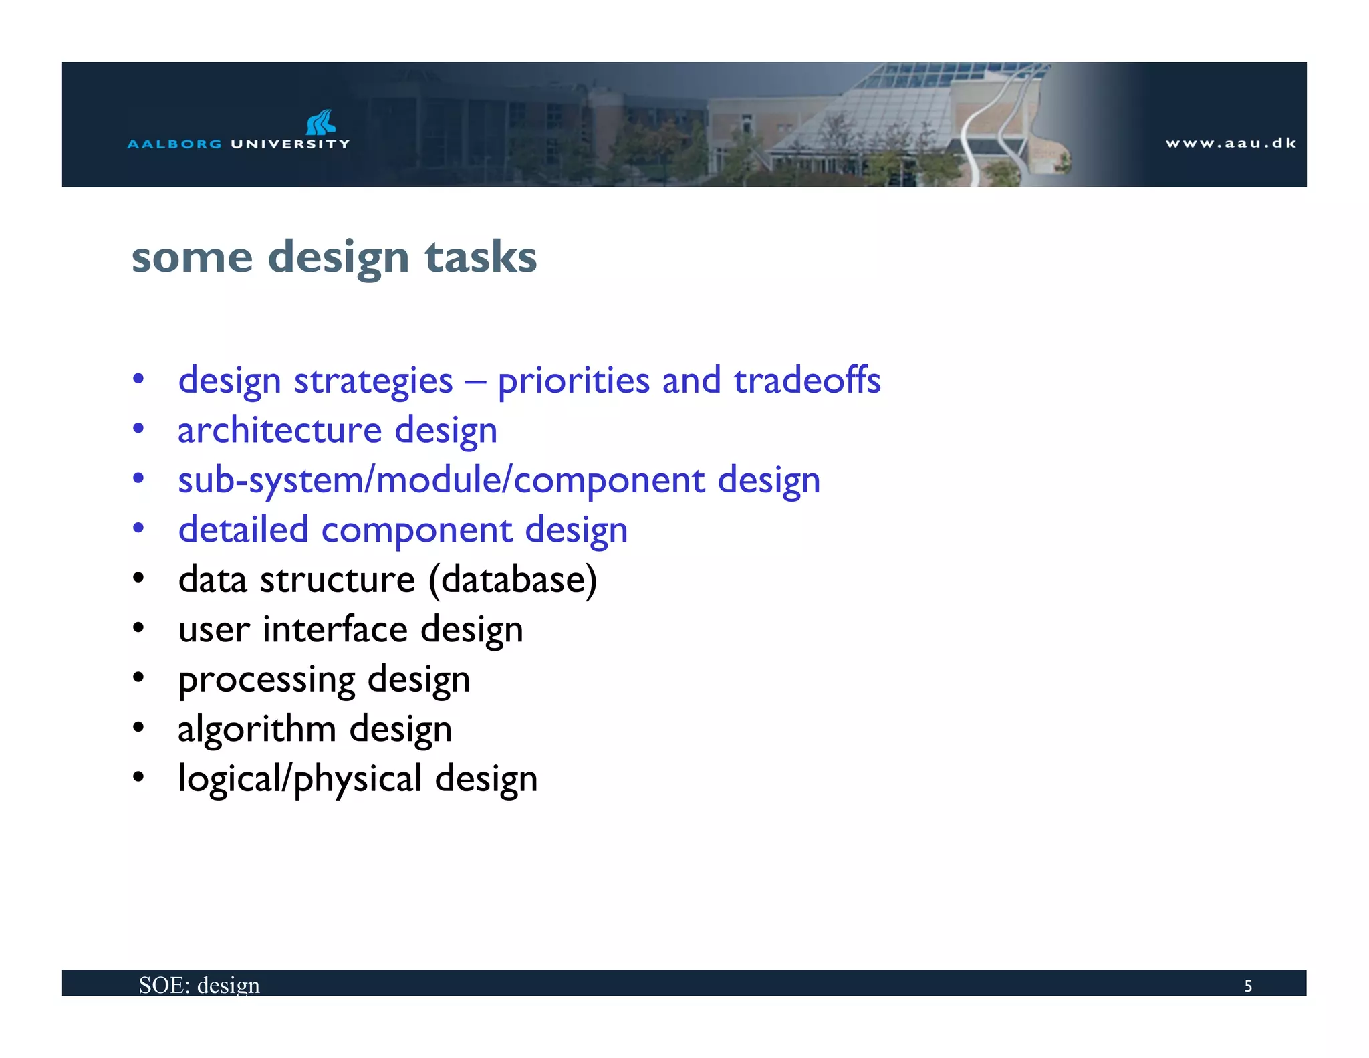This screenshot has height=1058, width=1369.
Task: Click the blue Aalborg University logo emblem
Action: coord(321,122)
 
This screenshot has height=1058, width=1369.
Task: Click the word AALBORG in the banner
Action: coord(174,144)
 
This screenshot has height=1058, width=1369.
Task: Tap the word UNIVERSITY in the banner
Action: coord(290,144)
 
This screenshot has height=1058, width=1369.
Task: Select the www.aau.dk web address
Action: coord(1231,143)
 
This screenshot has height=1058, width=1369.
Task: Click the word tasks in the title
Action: coord(481,257)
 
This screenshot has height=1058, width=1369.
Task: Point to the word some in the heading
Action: coord(193,257)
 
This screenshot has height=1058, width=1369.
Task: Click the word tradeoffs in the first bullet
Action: coord(807,381)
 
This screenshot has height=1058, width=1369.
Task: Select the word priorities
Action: coord(574,381)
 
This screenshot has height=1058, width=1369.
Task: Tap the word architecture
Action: coord(279,430)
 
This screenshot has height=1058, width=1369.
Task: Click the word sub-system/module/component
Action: coord(441,480)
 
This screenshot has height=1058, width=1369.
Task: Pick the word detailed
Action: coord(243,530)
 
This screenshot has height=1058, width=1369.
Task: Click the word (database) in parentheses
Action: coord(513,579)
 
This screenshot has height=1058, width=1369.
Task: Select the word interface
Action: coord(335,629)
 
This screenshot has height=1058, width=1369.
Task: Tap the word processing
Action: coord(267,680)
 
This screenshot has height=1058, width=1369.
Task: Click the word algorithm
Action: coord(257,729)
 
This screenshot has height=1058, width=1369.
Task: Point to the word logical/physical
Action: coord(300,779)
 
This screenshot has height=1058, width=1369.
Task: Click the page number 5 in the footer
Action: coord(1247,986)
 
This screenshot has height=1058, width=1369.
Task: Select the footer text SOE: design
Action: coord(199,985)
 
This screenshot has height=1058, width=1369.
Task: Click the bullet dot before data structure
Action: coord(138,578)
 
